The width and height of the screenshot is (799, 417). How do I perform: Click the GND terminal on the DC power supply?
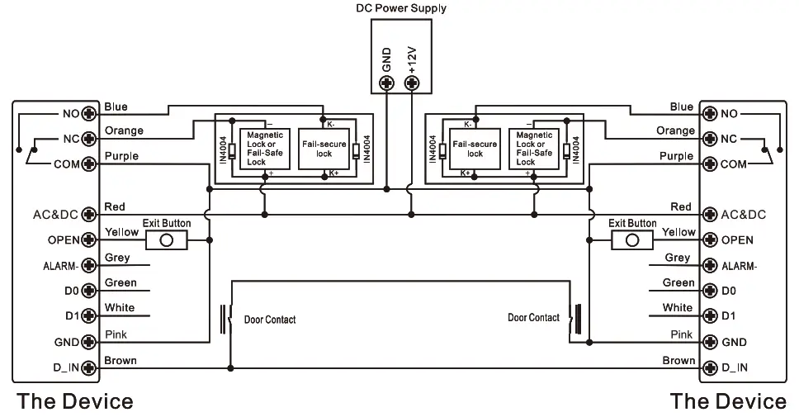(387, 83)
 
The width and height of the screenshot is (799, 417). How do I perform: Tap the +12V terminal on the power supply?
(412, 83)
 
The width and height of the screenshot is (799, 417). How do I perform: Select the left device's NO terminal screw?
(89, 113)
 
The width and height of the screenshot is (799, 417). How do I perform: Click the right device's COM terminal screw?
(710, 163)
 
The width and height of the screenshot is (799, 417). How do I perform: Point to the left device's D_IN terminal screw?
(89, 367)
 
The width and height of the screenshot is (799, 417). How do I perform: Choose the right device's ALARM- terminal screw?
(710, 265)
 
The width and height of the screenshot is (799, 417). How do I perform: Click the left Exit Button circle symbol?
(167, 240)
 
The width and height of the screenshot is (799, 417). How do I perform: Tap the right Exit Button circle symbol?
(632, 240)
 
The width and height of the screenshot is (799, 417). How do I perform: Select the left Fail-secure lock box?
(324, 149)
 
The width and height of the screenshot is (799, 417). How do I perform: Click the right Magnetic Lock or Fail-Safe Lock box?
(534, 149)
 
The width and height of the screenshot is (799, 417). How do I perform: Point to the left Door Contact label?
(270, 320)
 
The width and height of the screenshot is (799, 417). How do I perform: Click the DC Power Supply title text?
(401, 8)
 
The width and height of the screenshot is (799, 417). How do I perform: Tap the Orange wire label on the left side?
(124, 130)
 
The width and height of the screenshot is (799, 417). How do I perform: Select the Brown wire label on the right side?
(678, 360)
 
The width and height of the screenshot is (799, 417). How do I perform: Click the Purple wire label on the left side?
(121, 156)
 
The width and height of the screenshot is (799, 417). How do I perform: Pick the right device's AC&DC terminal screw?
(710, 214)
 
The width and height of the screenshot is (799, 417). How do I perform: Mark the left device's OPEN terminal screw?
(89, 239)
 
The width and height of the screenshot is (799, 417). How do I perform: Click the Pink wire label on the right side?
(681, 334)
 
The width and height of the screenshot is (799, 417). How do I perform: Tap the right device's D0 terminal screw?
(710, 291)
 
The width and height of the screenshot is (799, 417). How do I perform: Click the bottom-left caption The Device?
(75, 401)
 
